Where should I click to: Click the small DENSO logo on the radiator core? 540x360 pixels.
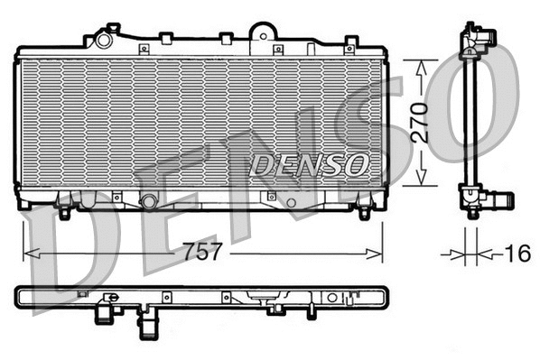309,163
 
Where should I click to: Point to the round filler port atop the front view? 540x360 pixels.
105,40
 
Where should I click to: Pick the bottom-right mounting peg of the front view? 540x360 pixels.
364,214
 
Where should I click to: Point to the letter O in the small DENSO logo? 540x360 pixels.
358,163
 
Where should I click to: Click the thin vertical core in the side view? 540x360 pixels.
468,117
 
